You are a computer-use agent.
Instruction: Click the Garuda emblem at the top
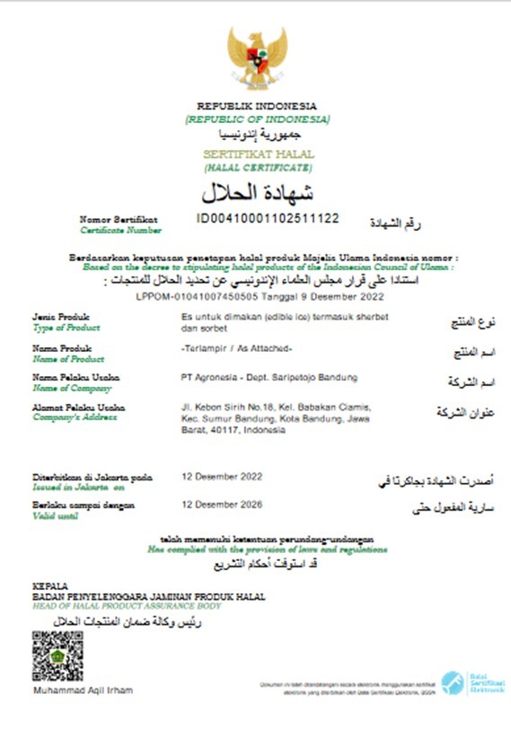click(257, 56)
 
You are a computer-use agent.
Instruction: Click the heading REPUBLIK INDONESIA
click(257, 106)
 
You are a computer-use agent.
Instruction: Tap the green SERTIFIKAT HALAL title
click(258, 154)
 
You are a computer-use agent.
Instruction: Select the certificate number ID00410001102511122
click(268, 218)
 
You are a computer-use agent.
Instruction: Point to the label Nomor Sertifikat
click(119, 218)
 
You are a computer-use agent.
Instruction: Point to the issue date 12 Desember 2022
click(221, 477)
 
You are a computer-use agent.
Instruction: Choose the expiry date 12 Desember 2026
click(221, 505)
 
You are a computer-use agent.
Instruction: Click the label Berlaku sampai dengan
click(84, 505)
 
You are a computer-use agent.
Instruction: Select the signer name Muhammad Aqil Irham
click(83, 689)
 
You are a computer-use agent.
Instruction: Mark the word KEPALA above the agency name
click(50, 585)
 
